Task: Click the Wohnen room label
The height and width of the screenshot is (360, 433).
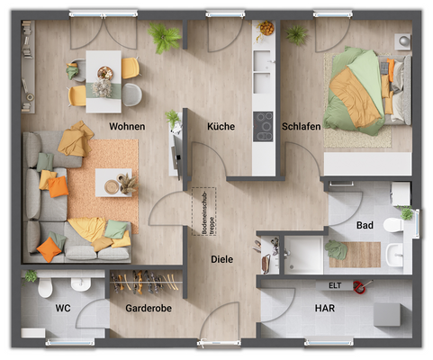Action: coord(127,127)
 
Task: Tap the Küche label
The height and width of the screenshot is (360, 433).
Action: coord(221,127)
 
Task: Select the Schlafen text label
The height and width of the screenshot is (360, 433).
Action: coord(301,127)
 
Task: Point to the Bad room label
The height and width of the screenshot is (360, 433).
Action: coord(365,225)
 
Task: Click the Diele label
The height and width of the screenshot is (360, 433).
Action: coord(221,259)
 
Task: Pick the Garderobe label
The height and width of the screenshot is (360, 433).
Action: coord(149,309)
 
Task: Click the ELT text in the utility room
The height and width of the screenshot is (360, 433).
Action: coord(334,286)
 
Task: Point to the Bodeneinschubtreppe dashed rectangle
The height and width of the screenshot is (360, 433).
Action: coord(197,211)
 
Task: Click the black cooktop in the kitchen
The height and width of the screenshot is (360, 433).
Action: coord(265,125)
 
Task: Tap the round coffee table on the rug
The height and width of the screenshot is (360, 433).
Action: coord(113,186)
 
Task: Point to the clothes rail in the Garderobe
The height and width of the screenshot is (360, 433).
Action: coord(144,281)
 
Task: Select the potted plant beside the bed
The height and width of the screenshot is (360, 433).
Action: coord(296,34)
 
